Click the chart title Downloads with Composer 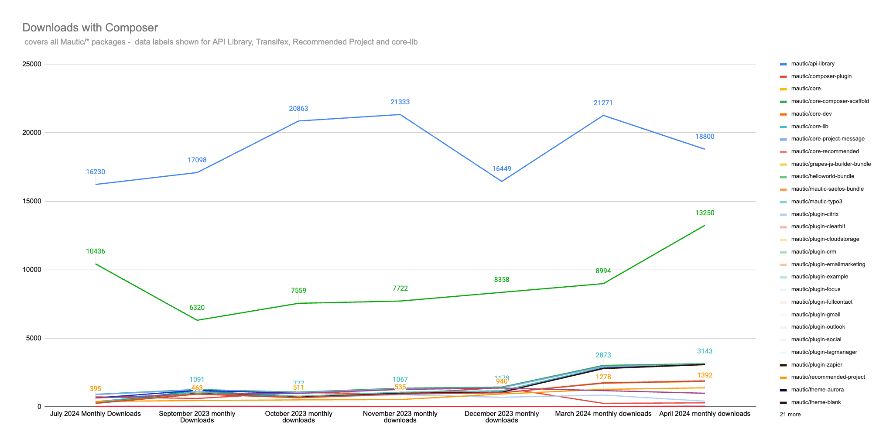tap(90, 27)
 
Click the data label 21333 tap(400, 102)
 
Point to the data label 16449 tap(502, 169)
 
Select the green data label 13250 tap(705, 213)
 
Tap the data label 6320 tap(197, 308)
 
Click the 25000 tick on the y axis tap(31, 64)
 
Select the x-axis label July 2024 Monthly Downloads tap(96, 414)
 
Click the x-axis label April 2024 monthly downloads tap(705, 414)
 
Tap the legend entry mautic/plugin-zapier tap(810, 365)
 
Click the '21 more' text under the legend tap(790, 415)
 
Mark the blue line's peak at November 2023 tap(400, 114)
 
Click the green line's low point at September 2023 tap(197, 320)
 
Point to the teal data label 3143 tap(705, 351)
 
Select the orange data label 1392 tap(705, 375)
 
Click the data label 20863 tap(298, 109)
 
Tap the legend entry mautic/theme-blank tap(810, 402)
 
